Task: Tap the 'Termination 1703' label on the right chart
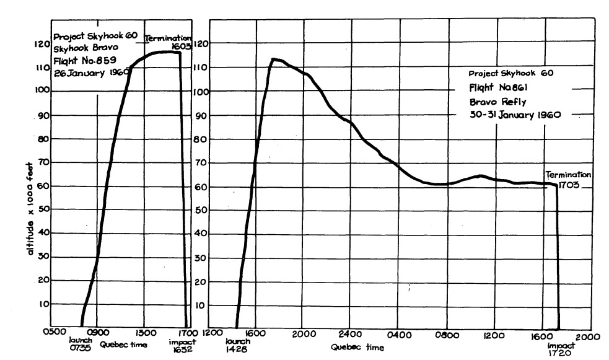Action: point(568,179)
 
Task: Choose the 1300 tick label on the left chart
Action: point(144,331)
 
